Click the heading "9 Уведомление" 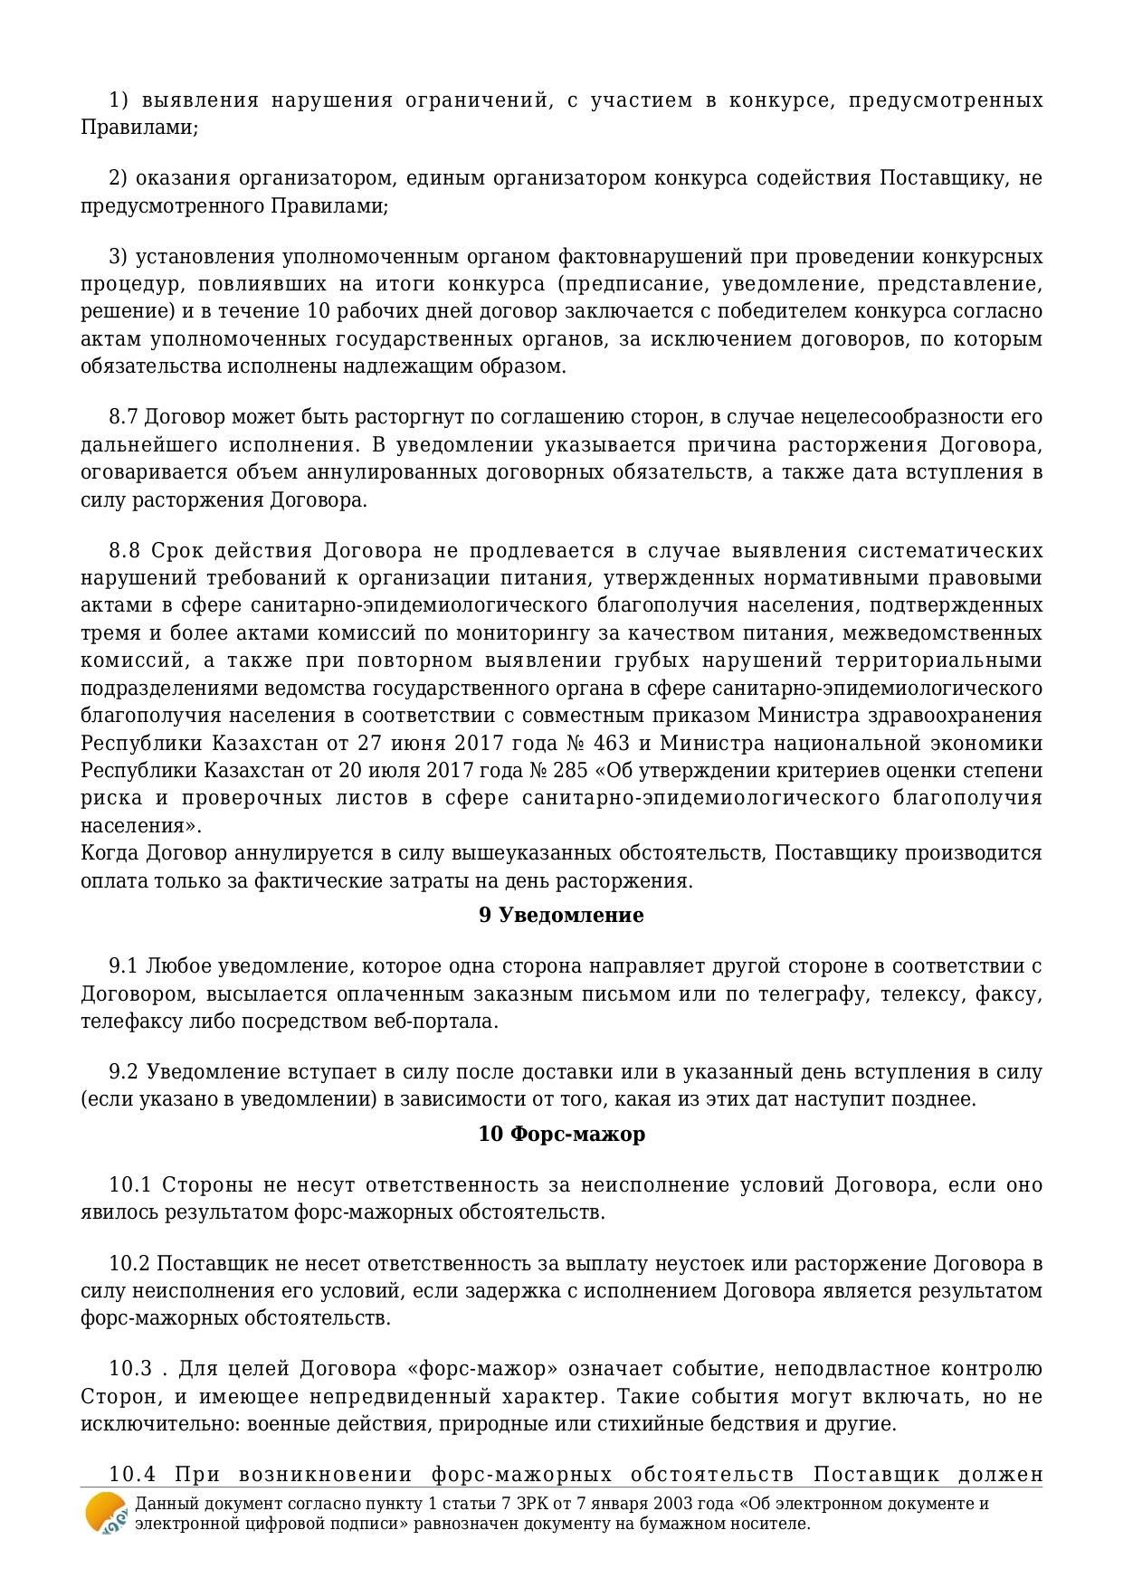pyautogui.click(x=561, y=916)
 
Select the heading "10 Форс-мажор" pyautogui.click(x=561, y=1135)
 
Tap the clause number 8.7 pyautogui.click(x=123, y=417)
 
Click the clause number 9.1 pyautogui.click(x=123, y=966)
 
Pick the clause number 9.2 pyautogui.click(x=123, y=1072)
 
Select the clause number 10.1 pyautogui.click(x=128, y=1185)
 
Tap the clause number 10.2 pyautogui.click(x=128, y=1264)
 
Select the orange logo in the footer pyautogui.click(x=106, y=1513)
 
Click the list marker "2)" pyautogui.click(x=119, y=178)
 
